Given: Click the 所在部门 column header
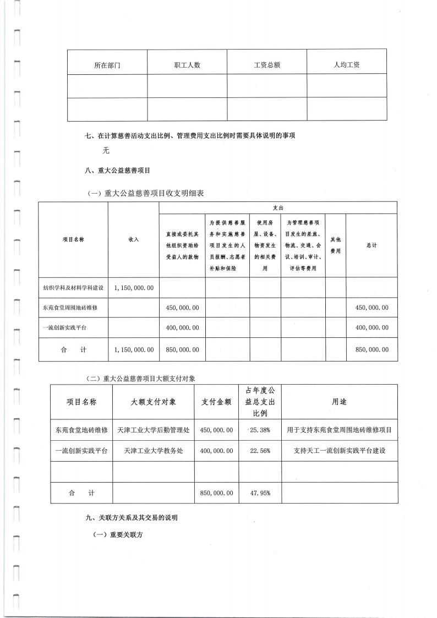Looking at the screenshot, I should (x=107, y=65).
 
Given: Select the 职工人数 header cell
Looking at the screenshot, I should (x=187, y=65).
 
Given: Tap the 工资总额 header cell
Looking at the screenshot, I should (x=267, y=65).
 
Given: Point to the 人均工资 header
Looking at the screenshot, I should (x=347, y=65).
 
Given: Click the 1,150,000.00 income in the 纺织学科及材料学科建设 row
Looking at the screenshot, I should (x=134, y=288).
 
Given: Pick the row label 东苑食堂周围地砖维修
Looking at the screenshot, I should (x=69, y=308).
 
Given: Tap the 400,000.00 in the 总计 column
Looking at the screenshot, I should (x=372, y=327).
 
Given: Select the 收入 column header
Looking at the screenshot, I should (x=134, y=239).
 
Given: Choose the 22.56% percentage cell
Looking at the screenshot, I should (x=260, y=451).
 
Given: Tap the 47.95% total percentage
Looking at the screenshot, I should (x=260, y=493).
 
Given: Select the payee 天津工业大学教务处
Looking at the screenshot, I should (x=154, y=451).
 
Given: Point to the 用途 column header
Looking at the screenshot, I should (x=339, y=402).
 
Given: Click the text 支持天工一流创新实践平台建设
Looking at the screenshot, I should (x=339, y=451).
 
